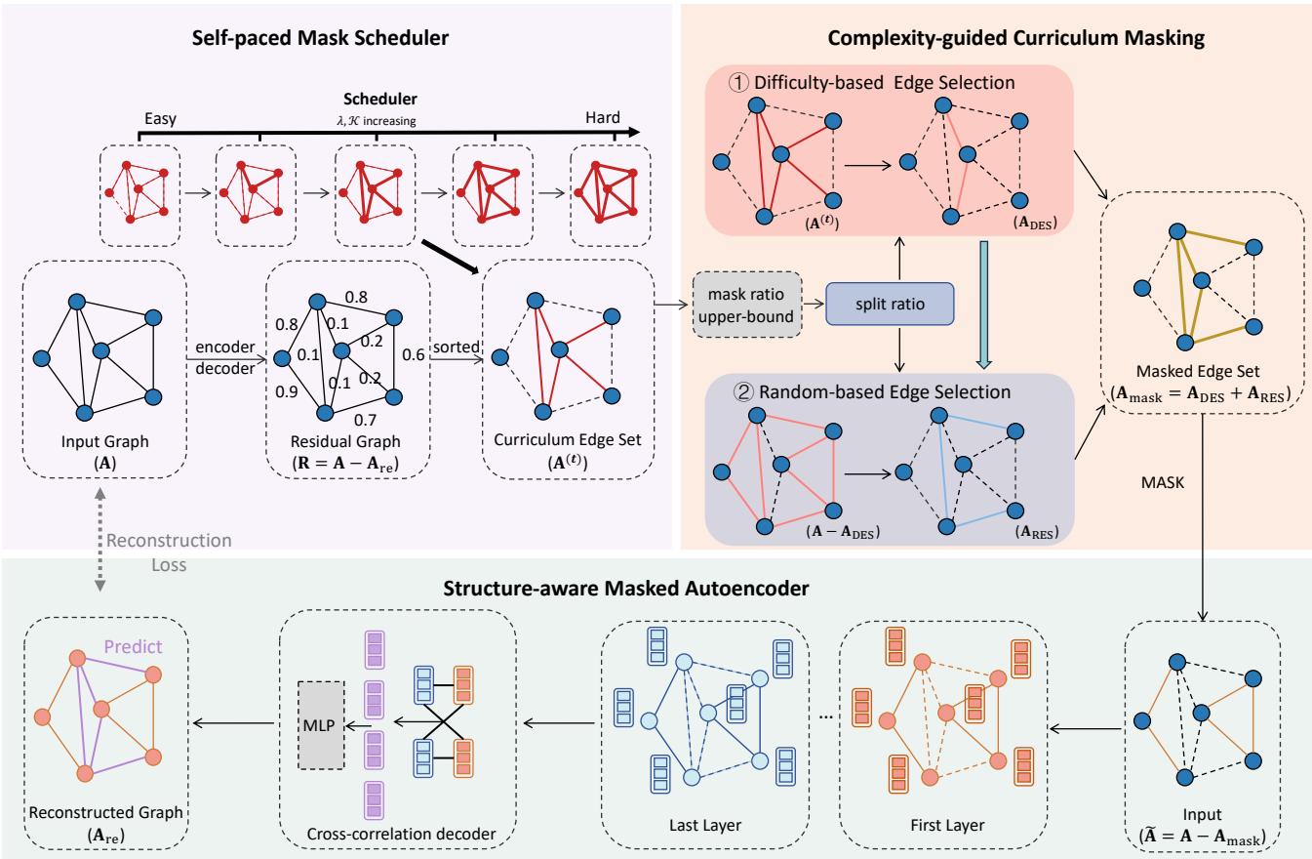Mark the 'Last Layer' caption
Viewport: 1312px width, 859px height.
click(697, 825)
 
